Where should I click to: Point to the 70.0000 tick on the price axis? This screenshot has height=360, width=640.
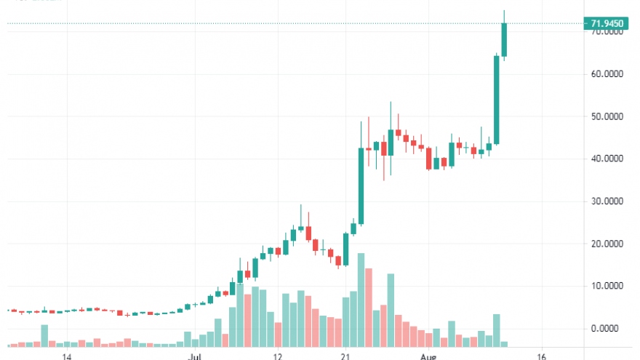tap(607, 33)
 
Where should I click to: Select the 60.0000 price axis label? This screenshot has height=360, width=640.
tap(607, 74)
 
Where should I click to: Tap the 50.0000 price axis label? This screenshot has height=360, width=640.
tap(607, 116)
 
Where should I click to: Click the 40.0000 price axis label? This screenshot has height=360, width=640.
tap(607, 159)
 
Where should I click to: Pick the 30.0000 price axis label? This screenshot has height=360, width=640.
tap(607, 201)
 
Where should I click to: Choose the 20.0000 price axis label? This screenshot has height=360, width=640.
tap(607, 244)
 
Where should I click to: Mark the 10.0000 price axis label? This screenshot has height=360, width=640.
tap(607, 286)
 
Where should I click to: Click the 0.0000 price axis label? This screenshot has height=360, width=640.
tap(608, 329)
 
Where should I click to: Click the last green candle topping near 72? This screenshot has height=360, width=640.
tap(504, 40)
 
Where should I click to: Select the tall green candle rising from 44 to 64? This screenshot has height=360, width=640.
tap(497, 100)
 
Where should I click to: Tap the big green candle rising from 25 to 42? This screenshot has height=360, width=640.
tap(361, 186)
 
